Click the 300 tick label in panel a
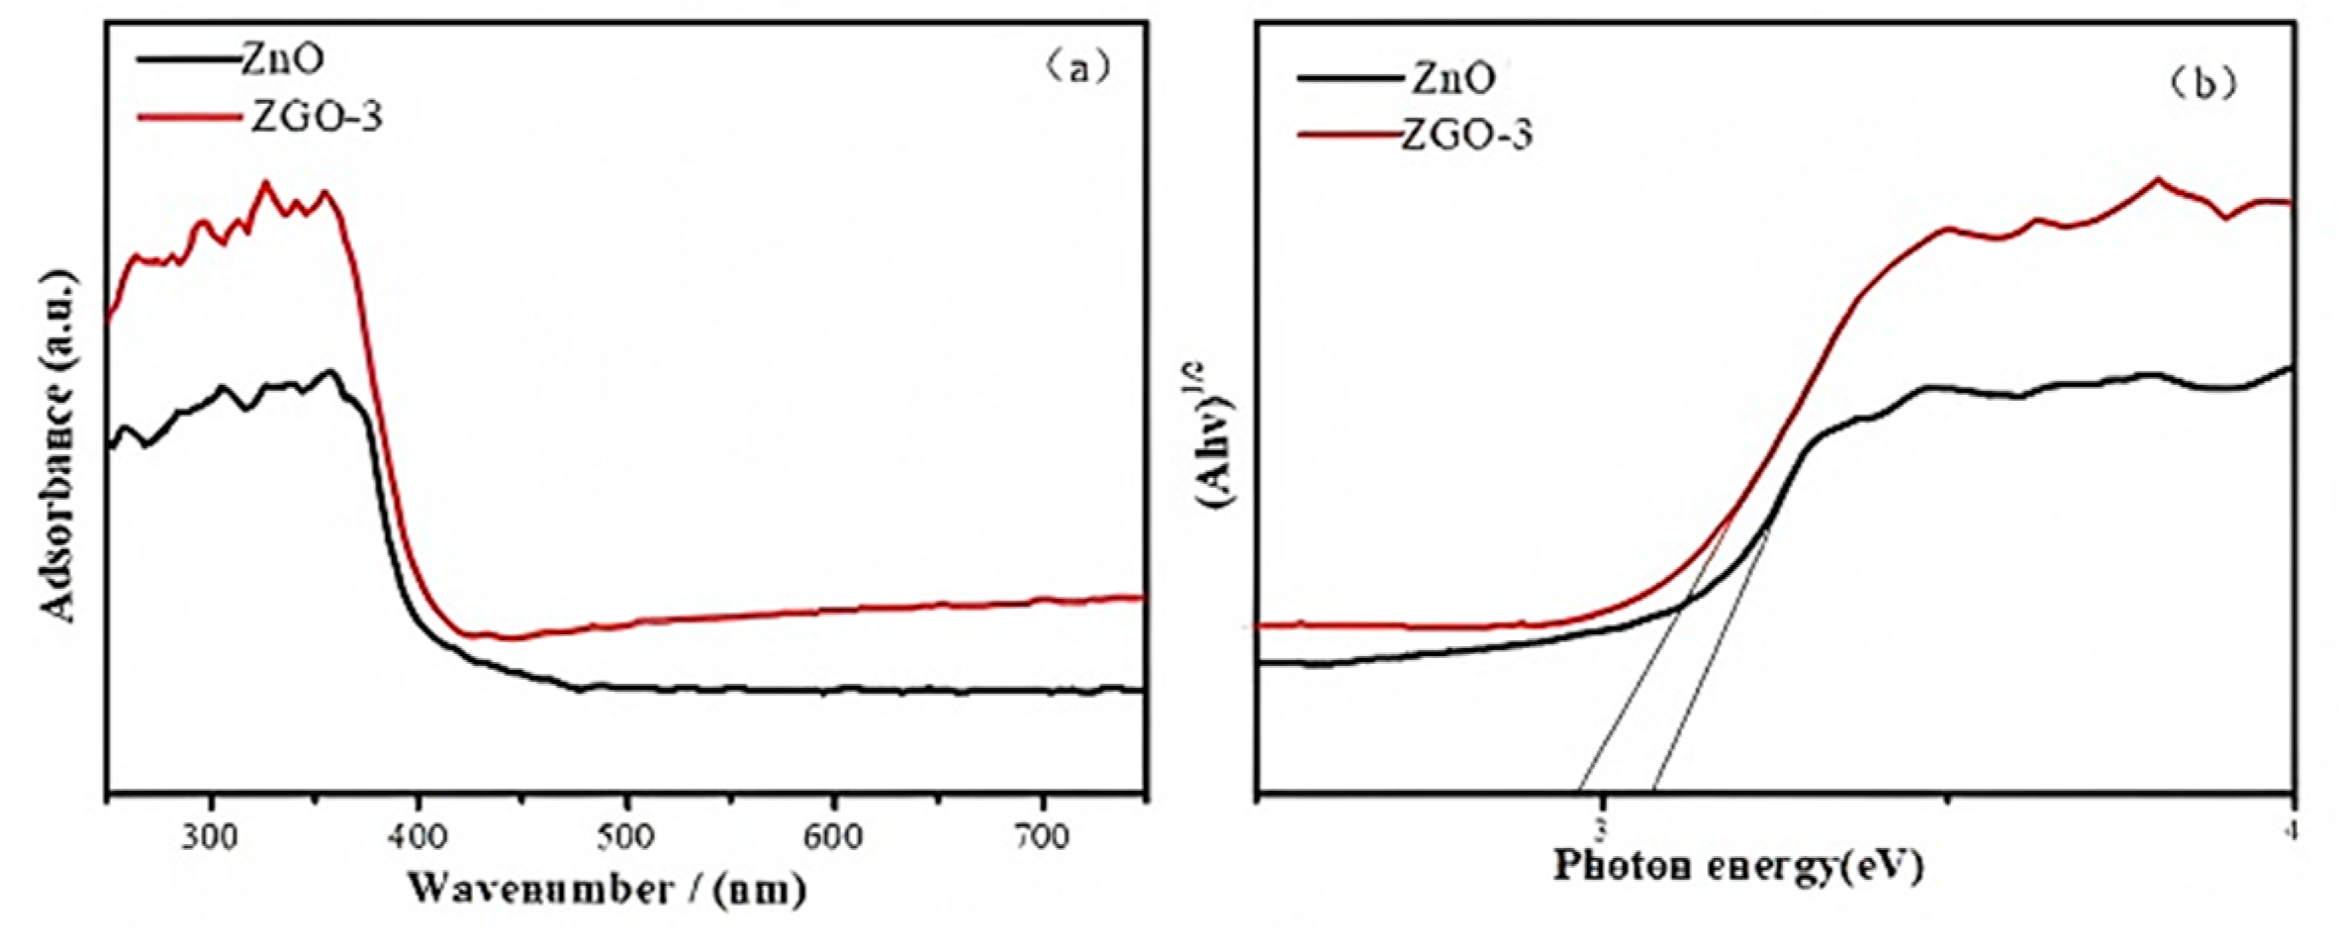click(210, 837)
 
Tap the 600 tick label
click(833, 837)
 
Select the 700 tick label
click(1042, 837)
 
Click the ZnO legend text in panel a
click(282, 59)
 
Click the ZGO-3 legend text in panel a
click(315, 117)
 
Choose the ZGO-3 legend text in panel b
click(1466, 134)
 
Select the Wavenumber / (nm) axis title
click(607, 889)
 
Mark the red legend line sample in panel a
click(188, 117)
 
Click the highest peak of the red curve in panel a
click(264, 183)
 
